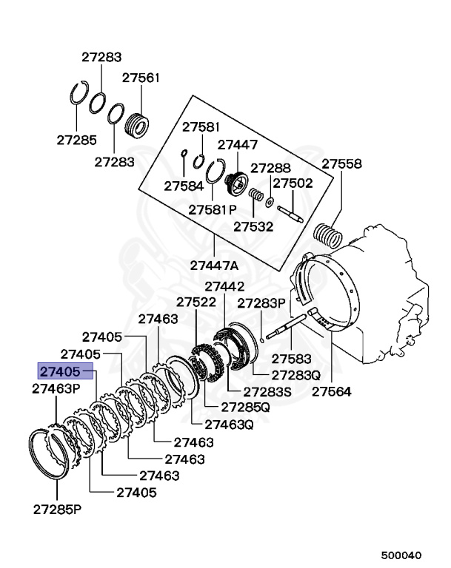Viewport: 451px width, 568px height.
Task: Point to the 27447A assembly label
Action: tap(214, 265)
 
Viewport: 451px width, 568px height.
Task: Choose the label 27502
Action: tap(293, 183)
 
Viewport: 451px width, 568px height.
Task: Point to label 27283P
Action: tap(261, 303)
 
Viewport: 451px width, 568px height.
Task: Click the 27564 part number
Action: tap(331, 391)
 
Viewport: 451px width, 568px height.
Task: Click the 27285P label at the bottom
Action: tap(57, 510)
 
